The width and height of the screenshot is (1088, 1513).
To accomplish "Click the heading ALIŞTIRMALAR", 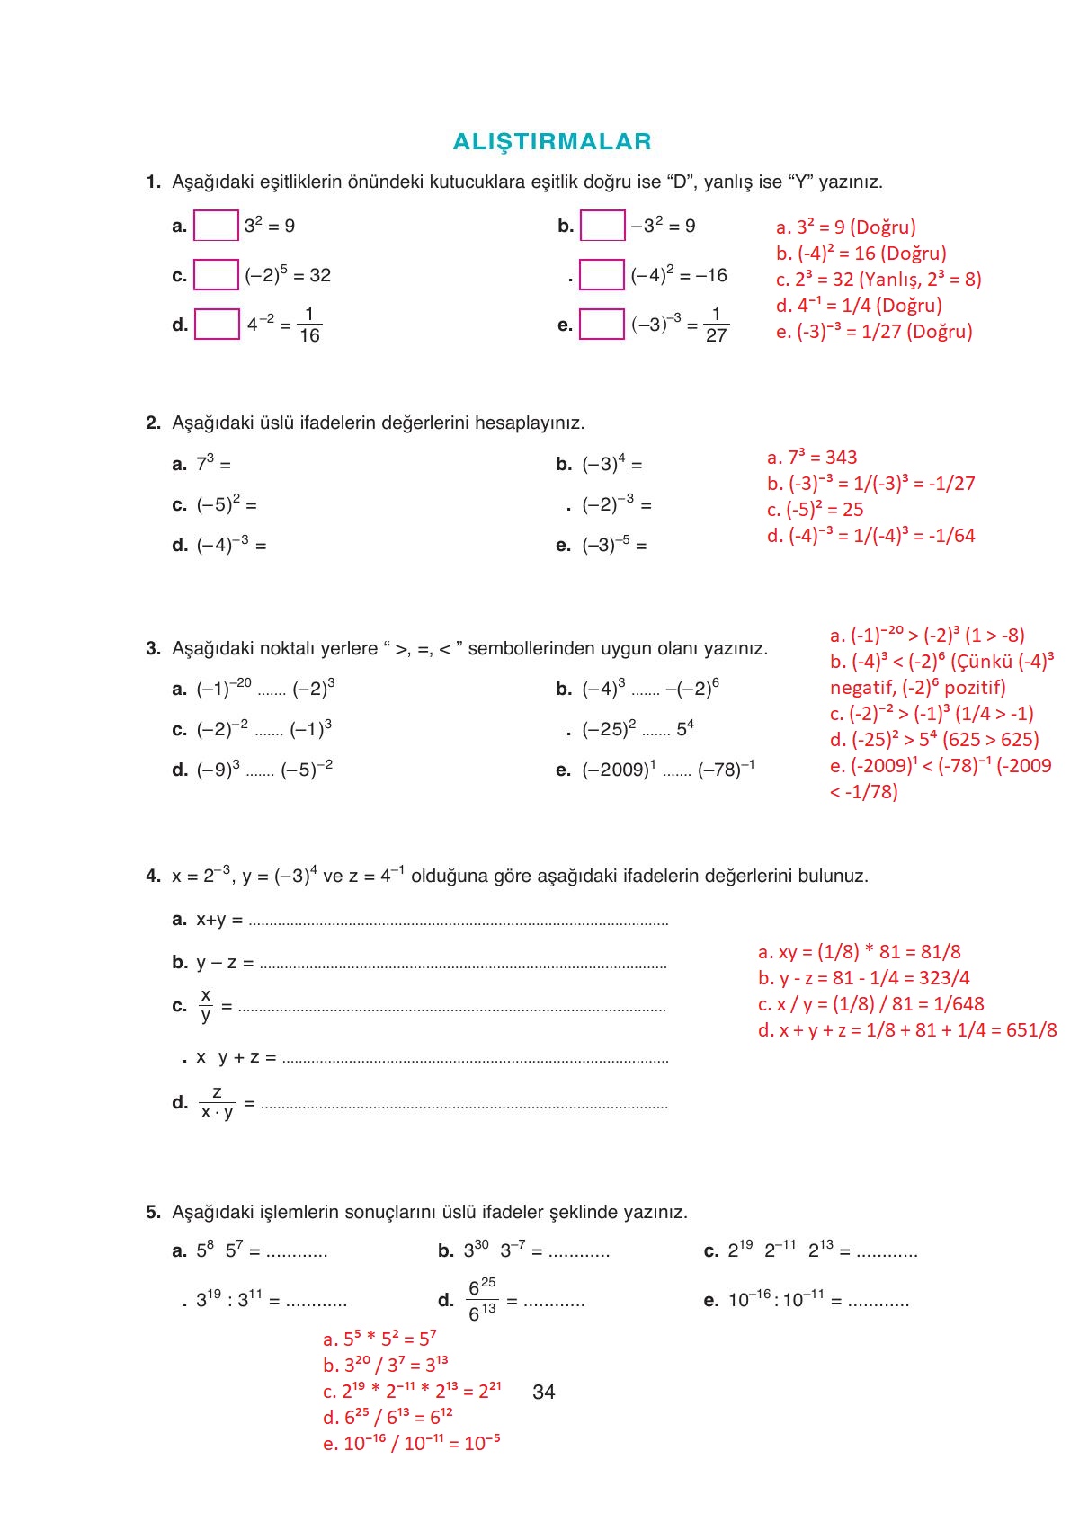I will [x=552, y=141].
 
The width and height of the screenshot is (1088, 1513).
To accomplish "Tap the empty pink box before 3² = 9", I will [x=216, y=226].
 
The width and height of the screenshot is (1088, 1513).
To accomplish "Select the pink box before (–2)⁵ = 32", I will [x=216, y=275].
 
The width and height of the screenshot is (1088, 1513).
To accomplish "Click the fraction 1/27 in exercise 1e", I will [x=716, y=325].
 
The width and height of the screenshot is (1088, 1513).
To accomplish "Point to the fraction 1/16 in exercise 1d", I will [x=309, y=325].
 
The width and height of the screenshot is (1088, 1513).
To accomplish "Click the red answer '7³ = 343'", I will [x=812, y=457].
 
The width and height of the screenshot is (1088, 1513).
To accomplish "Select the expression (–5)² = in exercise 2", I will [x=227, y=504].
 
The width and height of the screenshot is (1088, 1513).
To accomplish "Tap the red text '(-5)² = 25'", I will [x=816, y=509].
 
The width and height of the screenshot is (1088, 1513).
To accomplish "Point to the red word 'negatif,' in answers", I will [x=862, y=688].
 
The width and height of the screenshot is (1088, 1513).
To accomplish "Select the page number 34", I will [x=544, y=1392].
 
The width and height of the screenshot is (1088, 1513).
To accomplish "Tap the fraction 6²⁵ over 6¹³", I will [x=482, y=1300].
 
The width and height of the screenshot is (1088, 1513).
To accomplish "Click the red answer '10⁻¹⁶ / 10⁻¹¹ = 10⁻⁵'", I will [x=412, y=1443].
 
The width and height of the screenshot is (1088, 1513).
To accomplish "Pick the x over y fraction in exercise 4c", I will [x=206, y=1005].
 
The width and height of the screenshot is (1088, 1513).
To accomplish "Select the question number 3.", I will [x=152, y=648].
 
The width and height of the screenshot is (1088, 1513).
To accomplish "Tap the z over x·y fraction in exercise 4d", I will [x=217, y=1102].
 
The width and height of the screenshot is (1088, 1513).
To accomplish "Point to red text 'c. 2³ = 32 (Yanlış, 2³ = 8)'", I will [x=878, y=279].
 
